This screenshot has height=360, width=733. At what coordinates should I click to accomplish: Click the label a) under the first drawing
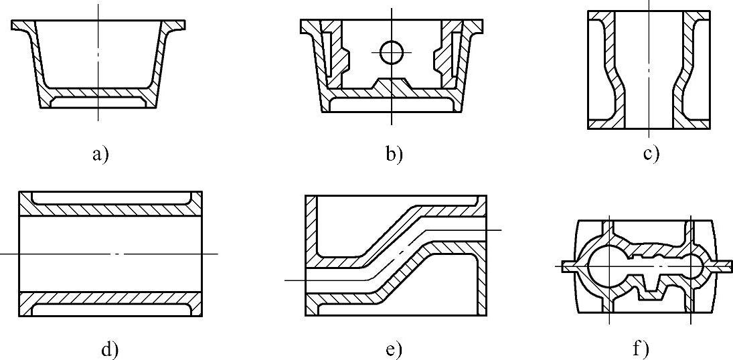pyautogui.click(x=100, y=155)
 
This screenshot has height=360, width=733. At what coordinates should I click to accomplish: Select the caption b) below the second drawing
pyautogui.click(x=394, y=155)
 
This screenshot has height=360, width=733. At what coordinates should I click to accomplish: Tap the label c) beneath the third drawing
pyautogui.click(x=651, y=154)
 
